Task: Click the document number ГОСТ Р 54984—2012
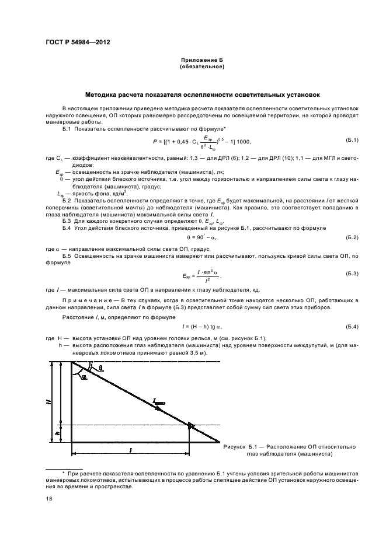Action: (78, 43)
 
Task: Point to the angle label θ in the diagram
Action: (100, 367)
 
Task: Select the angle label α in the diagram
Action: (85, 377)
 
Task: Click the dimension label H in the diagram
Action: (50, 402)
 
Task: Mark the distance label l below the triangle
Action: (130, 450)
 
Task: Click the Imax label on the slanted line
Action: (159, 401)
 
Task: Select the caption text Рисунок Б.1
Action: (244, 446)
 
